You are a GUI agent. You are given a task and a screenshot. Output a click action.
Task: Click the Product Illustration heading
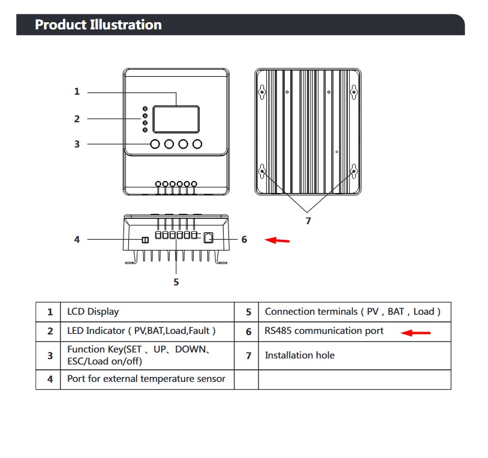click(x=98, y=25)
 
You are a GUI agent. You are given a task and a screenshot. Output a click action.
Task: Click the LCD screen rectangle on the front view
click(x=176, y=119)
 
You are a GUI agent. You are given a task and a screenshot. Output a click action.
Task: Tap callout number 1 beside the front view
click(x=77, y=92)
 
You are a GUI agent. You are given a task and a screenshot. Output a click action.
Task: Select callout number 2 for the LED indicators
click(x=77, y=119)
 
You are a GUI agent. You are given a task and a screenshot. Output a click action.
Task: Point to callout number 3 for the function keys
click(x=77, y=144)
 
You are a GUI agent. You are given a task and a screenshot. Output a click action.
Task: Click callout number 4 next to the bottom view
click(x=77, y=240)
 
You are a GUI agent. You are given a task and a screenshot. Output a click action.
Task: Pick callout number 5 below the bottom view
click(x=176, y=282)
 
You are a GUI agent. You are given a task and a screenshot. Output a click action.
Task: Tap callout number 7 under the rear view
click(x=308, y=221)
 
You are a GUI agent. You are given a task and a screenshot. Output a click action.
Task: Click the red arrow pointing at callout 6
click(x=278, y=240)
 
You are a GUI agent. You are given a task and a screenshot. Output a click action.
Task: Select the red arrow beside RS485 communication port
click(x=415, y=333)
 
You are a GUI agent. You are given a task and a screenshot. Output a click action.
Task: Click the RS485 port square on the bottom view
click(x=209, y=238)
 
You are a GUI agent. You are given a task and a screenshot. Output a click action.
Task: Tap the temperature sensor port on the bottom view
click(x=145, y=240)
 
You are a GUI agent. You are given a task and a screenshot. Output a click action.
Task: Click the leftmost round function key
click(x=155, y=144)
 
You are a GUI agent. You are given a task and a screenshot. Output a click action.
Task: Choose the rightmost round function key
click(x=197, y=144)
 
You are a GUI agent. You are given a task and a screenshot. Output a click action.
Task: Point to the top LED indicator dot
click(x=145, y=109)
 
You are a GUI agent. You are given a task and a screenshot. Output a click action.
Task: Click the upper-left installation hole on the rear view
click(x=263, y=92)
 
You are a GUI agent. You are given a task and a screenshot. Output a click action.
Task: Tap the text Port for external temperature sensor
click(x=146, y=379)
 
